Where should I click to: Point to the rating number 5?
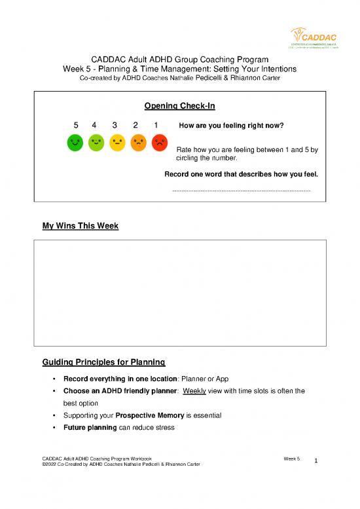[x=76, y=125]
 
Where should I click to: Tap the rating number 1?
[x=156, y=125]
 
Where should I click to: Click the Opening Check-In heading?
[x=179, y=106]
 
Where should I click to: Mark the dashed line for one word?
[x=240, y=191]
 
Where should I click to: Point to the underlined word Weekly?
[x=194, y=392]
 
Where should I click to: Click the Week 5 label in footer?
[x=292, y=459]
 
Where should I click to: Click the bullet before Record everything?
[x=52, y=379]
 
